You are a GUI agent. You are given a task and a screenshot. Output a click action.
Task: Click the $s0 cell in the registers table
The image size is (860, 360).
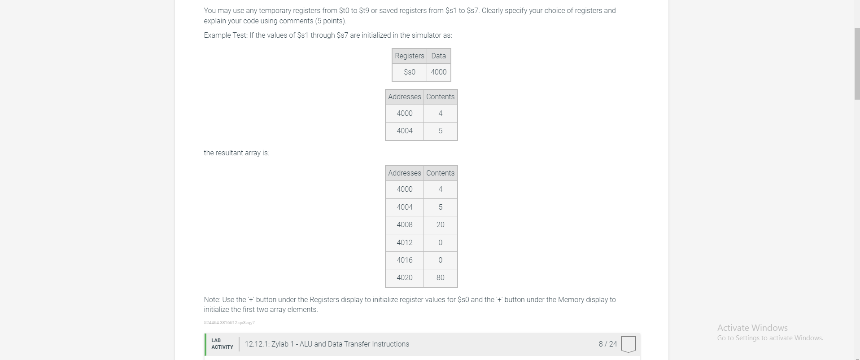pyautogui.click(x=409, y=72)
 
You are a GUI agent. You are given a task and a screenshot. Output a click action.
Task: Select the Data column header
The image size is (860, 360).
pyautogui.click(x=438, y=56)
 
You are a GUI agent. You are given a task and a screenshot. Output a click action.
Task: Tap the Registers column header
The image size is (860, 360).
pyautogui.click(x=409, y=56)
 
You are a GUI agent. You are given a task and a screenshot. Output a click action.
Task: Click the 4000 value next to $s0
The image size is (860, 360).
pyautogui.click(x=438, y=72)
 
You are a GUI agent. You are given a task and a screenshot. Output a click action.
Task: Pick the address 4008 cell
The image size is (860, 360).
pyautogui.click(x=404, y=224)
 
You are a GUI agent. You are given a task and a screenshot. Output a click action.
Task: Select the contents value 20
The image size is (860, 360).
pyautogui.click(x=440, y=224)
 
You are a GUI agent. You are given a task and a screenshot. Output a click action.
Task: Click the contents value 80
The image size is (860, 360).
pyautogui.click(x=440, y=277)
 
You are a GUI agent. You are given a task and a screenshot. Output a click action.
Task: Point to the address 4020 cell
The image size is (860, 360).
pyautogui.click(x=404, y=277)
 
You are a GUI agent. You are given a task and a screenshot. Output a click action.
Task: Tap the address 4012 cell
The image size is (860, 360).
pyautogui.click(x=404, y=242)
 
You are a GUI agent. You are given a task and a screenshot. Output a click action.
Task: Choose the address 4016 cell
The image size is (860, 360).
pyautogui.click(x=404, y=260)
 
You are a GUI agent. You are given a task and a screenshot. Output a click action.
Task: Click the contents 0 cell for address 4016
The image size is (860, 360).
pyautogui.click(x=440, y=260)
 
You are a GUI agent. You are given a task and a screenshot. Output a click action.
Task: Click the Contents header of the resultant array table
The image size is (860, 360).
pyautogui.click(x=440, y=173)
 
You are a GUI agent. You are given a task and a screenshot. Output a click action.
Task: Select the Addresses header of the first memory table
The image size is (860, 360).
pyautogui.click(x=404, y=97)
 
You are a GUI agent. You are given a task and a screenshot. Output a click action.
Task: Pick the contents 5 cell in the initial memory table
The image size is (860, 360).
pyautogui.click(x=440, y=131)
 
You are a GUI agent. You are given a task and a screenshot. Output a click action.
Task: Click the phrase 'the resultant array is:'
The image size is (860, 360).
pyautogui.click(x=236, y=153)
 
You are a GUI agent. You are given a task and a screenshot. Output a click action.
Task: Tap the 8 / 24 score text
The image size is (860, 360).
pyautogui.click(x=607, y=344)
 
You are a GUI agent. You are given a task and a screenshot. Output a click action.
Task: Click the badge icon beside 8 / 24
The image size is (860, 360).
pyautogui.click(x=628, y=344)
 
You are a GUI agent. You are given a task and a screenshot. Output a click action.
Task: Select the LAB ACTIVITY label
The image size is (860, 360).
pyautogui.click(x=222, y=344)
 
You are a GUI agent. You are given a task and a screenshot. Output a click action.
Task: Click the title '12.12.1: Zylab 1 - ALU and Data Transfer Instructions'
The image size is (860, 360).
pyautogui.click(x=327, y=344)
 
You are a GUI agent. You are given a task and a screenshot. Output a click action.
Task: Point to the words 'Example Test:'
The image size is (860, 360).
pyautogui.click(x=225, y=35)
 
